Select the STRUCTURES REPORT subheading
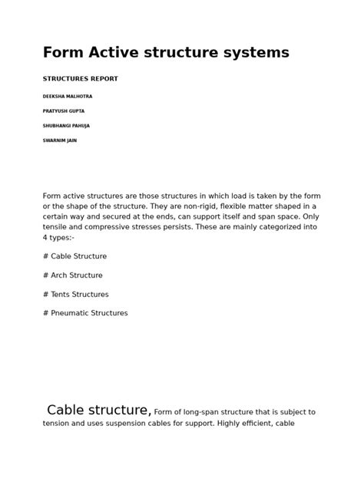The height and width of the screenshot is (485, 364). pyautogui.click(x=80, y=79)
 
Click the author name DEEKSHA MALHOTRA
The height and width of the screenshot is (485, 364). pyautogui.click(x=68, y=97)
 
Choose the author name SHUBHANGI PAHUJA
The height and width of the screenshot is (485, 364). pyautogui.click(x=66, y=126)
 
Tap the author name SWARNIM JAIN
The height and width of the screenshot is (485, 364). pyautogui.click(x=60, y=140)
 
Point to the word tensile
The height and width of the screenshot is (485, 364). pyautogui.click(x=55, y=227)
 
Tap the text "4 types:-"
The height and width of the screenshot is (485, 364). pyautogui.click(x=58, y=238)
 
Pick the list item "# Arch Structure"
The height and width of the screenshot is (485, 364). pyautogui.click(x=73, y=275)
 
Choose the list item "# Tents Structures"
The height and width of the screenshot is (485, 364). pyautogui.click(x=76, y=295)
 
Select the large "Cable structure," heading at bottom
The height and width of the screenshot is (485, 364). pyautogui.click(x=98, y=411)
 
